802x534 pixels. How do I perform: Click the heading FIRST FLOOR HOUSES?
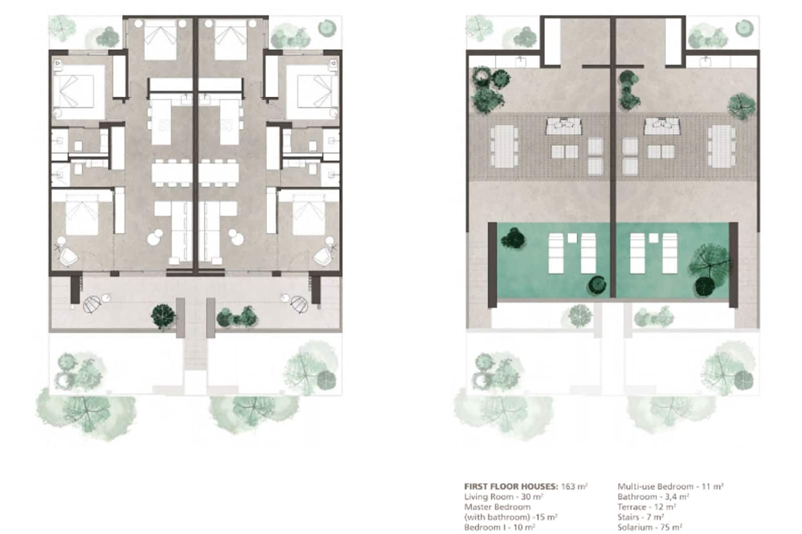point(511,486)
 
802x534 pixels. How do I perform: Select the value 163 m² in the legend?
point(574,486)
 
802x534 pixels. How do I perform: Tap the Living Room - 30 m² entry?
point(504,496)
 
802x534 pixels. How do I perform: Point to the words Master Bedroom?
point(497,507)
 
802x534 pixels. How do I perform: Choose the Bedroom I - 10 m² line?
point(499,527)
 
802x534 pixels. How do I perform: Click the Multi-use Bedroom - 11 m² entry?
point(670,486)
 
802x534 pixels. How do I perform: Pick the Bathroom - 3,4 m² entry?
point(653,496)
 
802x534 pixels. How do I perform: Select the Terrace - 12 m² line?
point(647,506)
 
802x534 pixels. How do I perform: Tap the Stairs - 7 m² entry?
point(641,516)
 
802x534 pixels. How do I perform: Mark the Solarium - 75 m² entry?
point(650,527)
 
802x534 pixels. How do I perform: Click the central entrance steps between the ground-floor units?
point(195,351)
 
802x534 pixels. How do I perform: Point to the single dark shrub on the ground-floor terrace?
point(163,316)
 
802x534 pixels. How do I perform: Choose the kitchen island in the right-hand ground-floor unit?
point(229,122)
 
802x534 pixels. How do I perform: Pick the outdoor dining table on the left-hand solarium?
point(504,146)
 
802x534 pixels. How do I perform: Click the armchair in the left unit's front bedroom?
point(68,257)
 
